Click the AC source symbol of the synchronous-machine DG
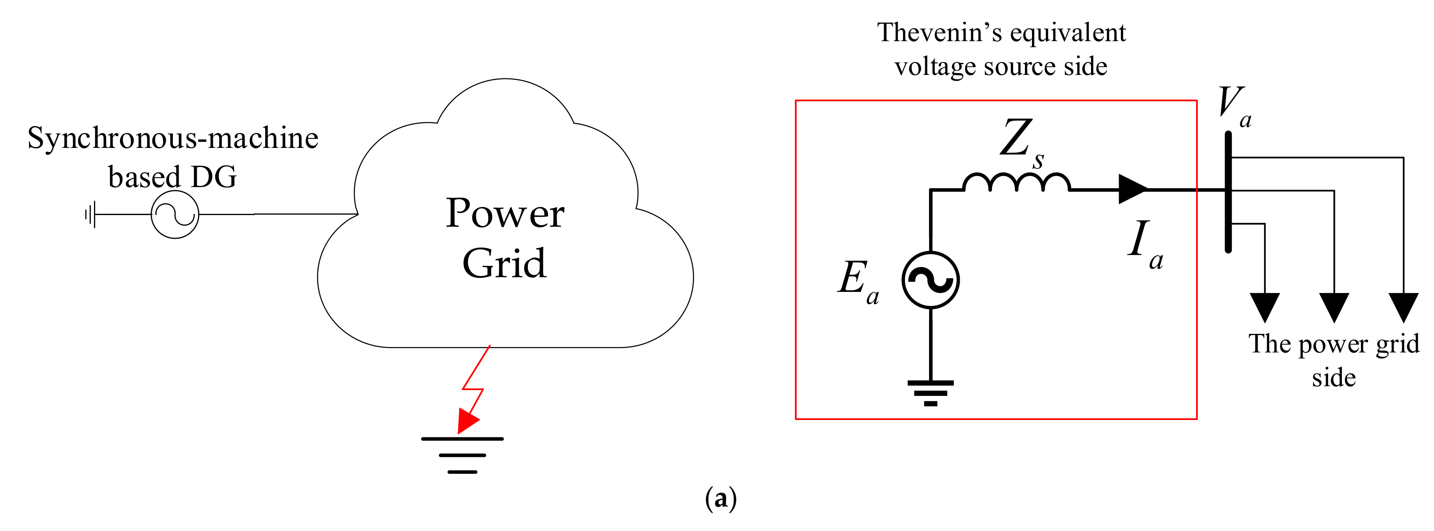coord(175,214)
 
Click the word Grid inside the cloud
coord(505,263)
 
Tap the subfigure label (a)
coord(720,498)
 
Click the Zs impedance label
coord(1022,142)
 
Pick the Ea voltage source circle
coord(930,279)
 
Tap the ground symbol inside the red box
coord(930,393)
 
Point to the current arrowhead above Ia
coord(1132,189)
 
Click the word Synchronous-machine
coord(172,139)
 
